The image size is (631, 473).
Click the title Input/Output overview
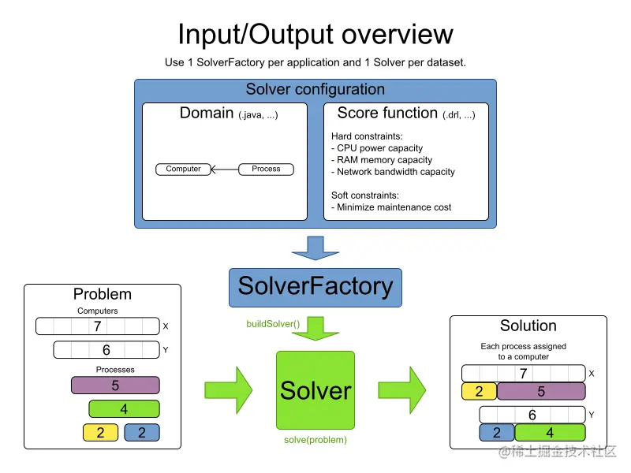click(315, 34)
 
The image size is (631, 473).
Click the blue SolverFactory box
click(315, 286)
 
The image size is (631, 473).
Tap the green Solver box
click(315, 389)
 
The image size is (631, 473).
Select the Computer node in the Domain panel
click(183, 169)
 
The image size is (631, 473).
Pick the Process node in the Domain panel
click(266, 169)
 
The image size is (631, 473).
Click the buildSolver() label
click(273, 323)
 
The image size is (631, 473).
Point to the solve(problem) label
click(315, 439)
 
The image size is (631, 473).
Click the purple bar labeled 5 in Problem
click(115, 385)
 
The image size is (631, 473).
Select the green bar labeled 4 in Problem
click(124, 409)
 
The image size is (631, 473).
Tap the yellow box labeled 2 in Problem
click(100, 432)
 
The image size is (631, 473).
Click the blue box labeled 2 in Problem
click(142, 432)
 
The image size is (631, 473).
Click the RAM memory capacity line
click(384, 160)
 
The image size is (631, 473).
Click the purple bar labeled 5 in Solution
click(540, 391)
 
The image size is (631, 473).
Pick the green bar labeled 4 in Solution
click(550, 432)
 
